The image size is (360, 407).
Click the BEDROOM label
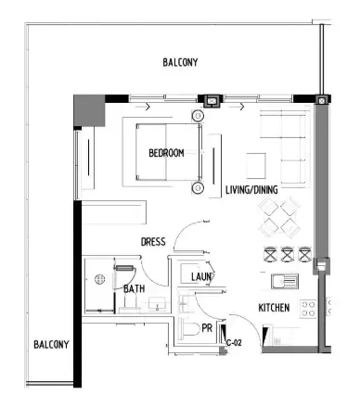[x=166, y=153]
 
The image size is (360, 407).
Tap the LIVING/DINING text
[x=252, y=190]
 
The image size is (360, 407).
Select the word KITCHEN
[x=274, y=307]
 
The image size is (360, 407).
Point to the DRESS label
[x=153, y=242]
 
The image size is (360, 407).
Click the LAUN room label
[x=203, y=276]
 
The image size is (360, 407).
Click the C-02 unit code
[x=235, y=343]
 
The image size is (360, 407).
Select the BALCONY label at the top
[x=180, y=62]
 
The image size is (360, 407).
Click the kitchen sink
[x=284, y=280]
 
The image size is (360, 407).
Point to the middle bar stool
[x=287, y=252]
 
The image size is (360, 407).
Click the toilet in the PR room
[x=189, y=329]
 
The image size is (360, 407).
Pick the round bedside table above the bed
[x=197, y=116]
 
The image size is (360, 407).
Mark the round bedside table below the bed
[x=197, y=187]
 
